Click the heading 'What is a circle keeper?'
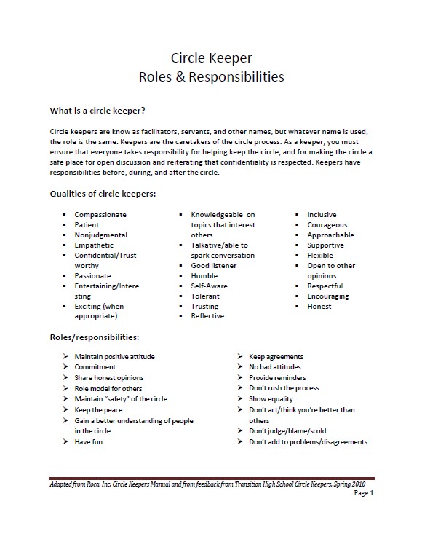[x=97, y=111]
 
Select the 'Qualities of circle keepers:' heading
[x=102, y=194]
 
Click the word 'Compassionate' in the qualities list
[x=100, y=215]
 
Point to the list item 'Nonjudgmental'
[x=100, y=235]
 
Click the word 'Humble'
[x=204, y=276]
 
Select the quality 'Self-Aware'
[x=210, y=286]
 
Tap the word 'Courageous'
[x=327, y=225]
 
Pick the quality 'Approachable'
[x=331, y=235]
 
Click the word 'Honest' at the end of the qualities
[x=319, y=307]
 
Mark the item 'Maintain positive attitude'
[x=114, y=357]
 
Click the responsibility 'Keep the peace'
[x=98, y=410]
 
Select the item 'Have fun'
[x=89, y=442]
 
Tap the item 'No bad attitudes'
[x=275, y=367]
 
